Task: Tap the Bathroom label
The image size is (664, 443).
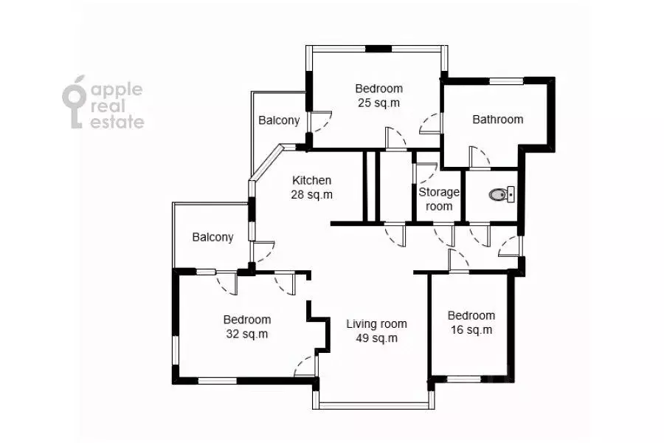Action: [x=497, y=120]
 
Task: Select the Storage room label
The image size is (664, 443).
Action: [x=439, y=199]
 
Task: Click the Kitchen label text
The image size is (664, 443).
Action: [x=311, y=180]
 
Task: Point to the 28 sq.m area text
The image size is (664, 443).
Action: [x=311, y=195]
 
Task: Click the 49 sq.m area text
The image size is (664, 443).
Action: [x=376, y=338]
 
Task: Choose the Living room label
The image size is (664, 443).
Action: [x=376, y=324]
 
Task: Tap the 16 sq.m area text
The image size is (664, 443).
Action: [x=471, y=330]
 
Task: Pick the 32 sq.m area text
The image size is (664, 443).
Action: [x=247, y=334]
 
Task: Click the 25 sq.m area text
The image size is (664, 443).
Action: [x=379, y=103]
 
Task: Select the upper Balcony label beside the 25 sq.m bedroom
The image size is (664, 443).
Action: [x=279, y=120]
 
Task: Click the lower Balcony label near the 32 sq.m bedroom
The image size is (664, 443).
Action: [x=212, y=237]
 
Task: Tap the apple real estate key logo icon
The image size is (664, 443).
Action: [x=75, y=102]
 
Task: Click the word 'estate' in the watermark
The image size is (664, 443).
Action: [x=117, y=122]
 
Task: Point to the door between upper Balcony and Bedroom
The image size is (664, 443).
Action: [x=321, y=122]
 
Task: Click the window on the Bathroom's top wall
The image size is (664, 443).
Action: [x=506, y=81]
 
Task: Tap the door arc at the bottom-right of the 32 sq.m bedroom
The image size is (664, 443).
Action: [x=305, y=365]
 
